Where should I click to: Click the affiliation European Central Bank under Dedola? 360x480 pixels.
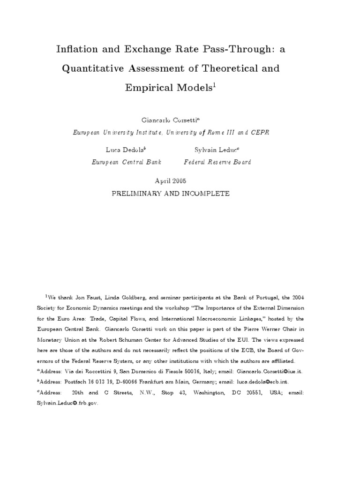point(125,162)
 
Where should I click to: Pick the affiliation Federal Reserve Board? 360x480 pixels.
point(217,162)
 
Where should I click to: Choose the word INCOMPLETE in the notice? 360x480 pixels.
point(207,193)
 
